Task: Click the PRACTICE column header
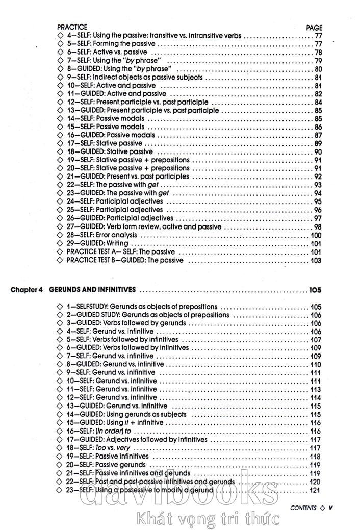72,27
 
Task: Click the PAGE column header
314,28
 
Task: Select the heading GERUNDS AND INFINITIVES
92,290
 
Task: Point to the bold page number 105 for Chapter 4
315,290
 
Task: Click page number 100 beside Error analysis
316,235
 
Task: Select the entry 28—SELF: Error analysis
101,235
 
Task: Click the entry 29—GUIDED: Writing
97,243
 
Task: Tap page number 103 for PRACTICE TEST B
316,260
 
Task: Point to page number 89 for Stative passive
318,144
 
